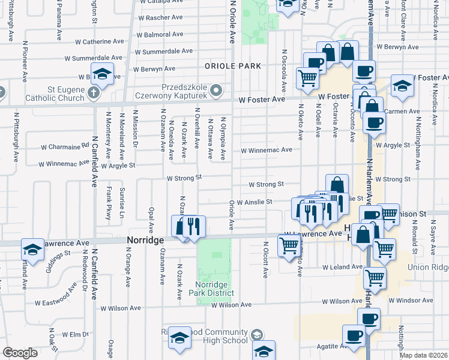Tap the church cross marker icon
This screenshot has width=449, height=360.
click(92, 93)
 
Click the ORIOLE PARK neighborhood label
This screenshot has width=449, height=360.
click(232, 65)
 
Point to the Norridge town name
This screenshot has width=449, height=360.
click(145, 239)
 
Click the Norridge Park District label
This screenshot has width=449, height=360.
click(213, 288)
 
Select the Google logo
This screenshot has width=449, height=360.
click(20, 353)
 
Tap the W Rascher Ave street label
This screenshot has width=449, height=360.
click(160, 17)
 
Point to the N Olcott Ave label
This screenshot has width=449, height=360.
click(265, 260)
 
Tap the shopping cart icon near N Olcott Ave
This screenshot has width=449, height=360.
click(289, 244)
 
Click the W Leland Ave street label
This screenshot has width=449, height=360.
click(342, 267)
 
